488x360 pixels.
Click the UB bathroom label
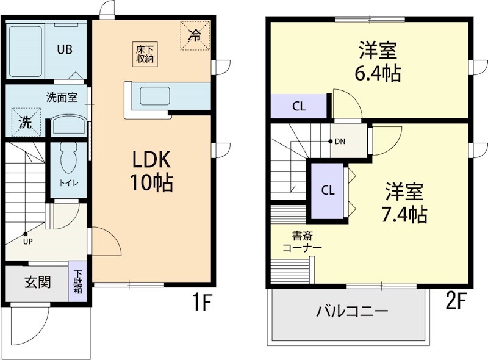click(65, 50)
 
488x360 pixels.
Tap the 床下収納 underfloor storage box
click(145, 54)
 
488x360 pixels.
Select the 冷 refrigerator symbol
click(195, 35)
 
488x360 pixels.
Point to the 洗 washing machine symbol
click(24, 122)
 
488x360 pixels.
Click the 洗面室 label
click(62, 97)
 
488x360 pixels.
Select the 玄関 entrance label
click(37, 283)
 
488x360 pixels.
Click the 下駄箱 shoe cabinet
click(79, 282)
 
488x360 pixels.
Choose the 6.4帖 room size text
click(378, 74)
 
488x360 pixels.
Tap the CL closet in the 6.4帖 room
click(298, 106)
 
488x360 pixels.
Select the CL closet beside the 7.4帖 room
click(328, 190)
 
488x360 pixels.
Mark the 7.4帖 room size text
click(404, 214)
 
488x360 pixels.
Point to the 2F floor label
click(458, 301)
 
